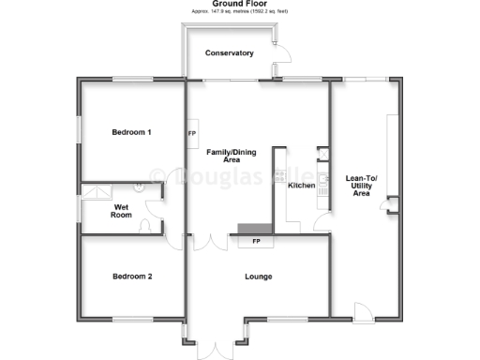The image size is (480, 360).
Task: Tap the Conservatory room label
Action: pos(230,53)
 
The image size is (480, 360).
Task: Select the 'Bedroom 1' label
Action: pos(131,132)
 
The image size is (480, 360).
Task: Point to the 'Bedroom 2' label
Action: pos(131,277)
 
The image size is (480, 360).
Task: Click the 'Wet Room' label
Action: pos(121,211)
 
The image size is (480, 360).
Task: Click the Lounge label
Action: pos(258,277)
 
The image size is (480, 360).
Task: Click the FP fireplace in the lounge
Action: pos(256,242)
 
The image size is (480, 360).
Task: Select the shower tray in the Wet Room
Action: pos(95,191)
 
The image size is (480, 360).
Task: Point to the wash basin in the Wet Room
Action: pos(139,186)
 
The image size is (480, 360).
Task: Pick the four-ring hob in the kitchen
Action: pos(323,192)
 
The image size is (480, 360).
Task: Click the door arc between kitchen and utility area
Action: pos(321,221)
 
